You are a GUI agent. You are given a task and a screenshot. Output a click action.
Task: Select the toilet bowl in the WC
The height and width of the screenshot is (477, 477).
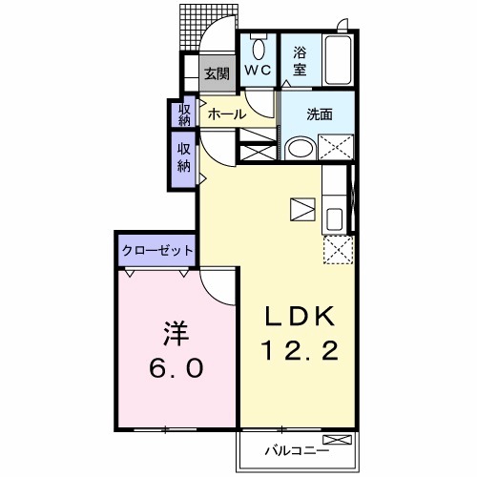click(x=258, y=49)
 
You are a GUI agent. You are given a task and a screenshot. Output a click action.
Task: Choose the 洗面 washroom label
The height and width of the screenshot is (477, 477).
click(x=320, y=114)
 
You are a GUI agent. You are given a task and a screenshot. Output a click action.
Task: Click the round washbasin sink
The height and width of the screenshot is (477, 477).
click(x=299, y=149)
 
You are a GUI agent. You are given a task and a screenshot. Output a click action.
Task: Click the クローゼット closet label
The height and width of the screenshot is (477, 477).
click(x=157, y=250)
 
